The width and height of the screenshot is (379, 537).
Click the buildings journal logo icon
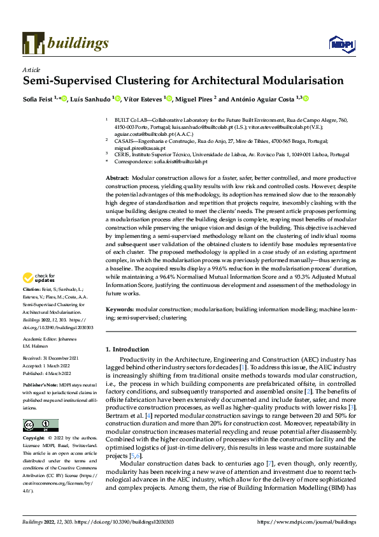pos(33,43)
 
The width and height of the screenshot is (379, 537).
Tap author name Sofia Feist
pos(39,99)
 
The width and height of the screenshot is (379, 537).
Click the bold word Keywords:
pos(120,309)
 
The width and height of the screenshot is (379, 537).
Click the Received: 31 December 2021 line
pos(52,358)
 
